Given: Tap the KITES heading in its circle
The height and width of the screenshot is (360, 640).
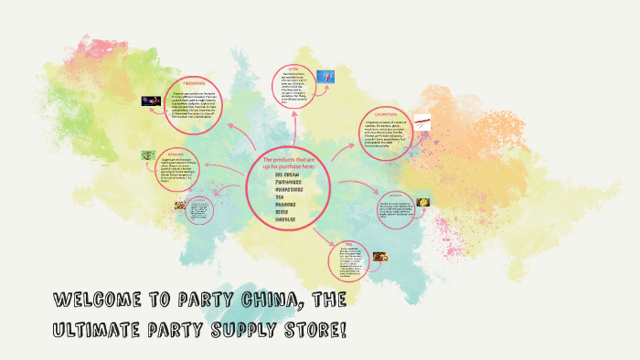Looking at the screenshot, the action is point(294,68).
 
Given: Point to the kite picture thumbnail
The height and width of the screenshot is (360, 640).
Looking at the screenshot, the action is point(325,78).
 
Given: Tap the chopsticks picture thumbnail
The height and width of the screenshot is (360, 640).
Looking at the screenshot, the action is point(421,120).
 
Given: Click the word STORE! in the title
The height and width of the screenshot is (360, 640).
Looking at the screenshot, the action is point(315,328).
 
